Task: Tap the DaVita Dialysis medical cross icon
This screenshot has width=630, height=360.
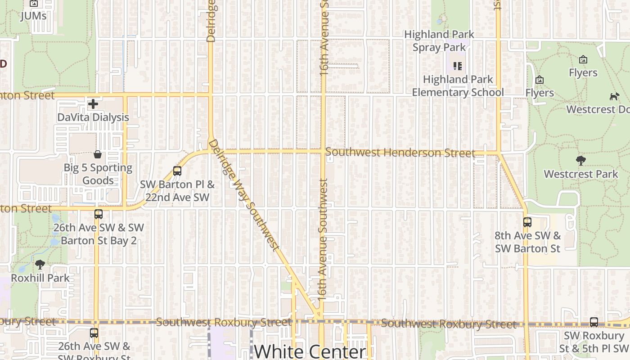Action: click(93, 104)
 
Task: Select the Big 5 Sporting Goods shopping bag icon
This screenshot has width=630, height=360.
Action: click(98, 155)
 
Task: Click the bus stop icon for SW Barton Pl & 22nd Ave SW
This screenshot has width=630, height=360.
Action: click(177, 171)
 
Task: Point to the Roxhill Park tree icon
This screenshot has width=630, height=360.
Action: click(40, 265)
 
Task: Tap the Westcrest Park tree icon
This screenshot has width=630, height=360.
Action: click(581, 161)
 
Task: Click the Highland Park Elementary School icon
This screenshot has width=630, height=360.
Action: click(458, 67)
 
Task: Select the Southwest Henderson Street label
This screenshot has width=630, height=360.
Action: click(400, 153)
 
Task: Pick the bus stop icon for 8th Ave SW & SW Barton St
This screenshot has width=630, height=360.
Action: click(527, 222)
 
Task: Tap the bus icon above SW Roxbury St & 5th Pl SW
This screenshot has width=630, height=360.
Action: click(594, 322)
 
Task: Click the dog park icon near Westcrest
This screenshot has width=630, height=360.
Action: click(614, 96)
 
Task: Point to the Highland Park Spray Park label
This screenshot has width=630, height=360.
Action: click(439, 40)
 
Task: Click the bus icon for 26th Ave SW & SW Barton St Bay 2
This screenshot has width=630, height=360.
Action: click(99, 214)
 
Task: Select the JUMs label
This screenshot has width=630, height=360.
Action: click(34, 16)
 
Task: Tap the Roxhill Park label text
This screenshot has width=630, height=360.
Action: click(40, 278)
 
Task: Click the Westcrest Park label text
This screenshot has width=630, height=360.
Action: click(581, 174)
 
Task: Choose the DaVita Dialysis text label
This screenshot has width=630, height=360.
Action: click(93, 117)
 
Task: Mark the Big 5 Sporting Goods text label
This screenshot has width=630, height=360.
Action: click(98, 174)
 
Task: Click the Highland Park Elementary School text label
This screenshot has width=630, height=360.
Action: click(458, 86)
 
